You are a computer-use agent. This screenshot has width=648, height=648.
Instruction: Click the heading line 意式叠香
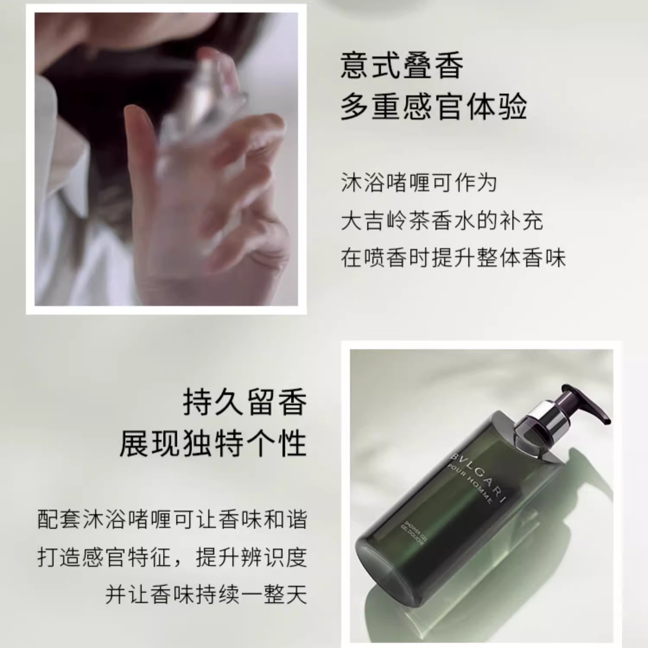coord(402,66)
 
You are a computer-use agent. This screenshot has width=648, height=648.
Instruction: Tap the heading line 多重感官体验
coord(434,106)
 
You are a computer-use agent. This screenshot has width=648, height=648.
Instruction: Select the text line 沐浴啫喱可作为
coord(419,183)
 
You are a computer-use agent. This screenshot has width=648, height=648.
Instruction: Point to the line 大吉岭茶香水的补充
coord(442,220)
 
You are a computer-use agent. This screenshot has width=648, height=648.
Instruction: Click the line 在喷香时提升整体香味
coord(453,258)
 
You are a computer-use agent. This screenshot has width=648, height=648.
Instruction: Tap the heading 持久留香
coord(245,402)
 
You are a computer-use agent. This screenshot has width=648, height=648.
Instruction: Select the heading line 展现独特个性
coord(213,443)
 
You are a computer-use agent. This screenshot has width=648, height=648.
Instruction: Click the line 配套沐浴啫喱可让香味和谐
coord(172,519)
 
